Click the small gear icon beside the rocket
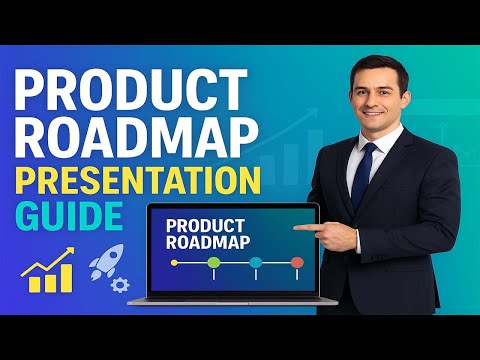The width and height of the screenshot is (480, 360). point(121,284)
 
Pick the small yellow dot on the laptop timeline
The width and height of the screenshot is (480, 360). point(174,263)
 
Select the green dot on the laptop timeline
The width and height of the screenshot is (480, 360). point(213,263)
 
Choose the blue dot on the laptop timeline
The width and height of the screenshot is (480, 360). point(255,263)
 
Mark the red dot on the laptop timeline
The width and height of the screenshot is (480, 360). point(296,263)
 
